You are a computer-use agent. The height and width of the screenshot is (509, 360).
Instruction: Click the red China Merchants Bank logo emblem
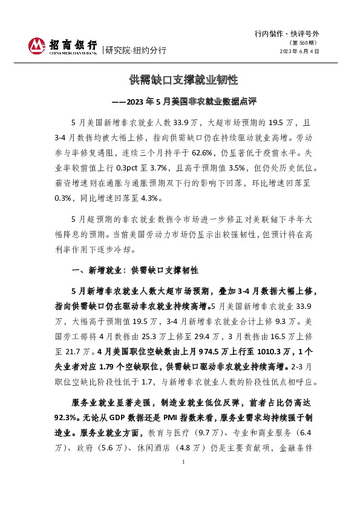[37, 45]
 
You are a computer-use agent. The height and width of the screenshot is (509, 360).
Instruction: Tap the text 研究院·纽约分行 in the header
[136, 50]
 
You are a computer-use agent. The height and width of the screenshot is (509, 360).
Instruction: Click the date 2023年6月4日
[299, 52]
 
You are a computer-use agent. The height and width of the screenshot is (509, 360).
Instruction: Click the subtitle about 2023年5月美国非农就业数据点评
[180, 101]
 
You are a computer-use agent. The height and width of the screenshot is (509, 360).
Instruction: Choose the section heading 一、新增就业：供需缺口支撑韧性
[136, 270]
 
